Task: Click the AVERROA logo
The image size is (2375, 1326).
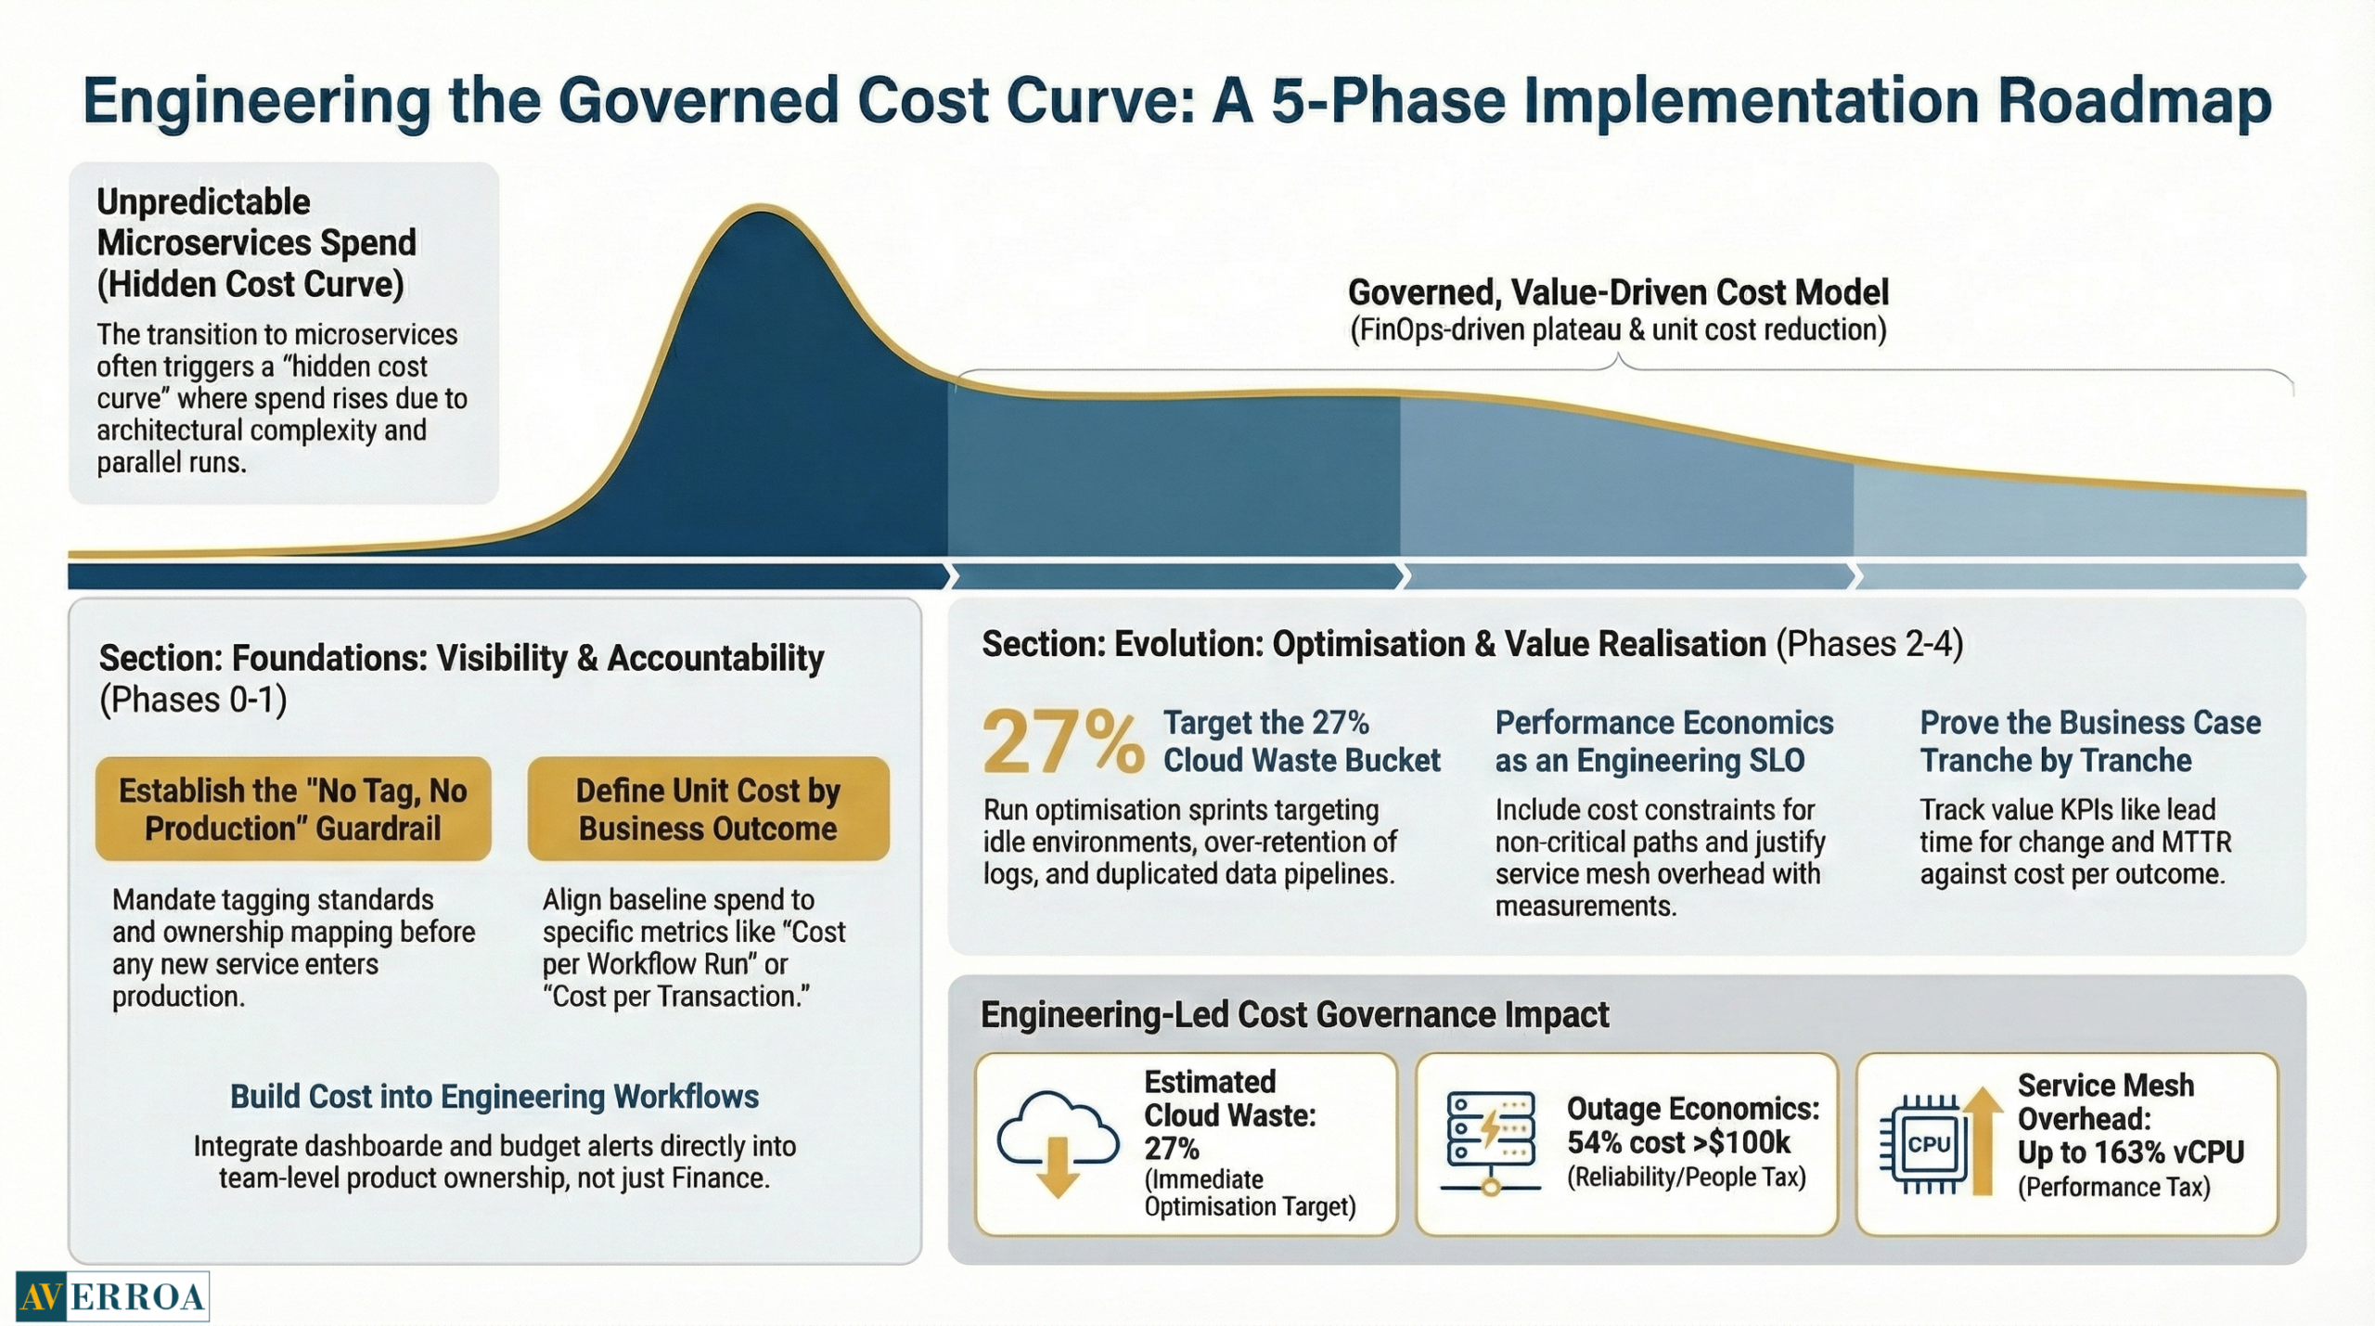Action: point(112,1295)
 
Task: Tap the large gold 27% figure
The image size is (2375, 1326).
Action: point(1062,741)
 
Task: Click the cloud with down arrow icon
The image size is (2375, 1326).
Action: point(1058,1144)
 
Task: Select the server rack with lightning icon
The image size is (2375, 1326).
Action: point(1490,1142)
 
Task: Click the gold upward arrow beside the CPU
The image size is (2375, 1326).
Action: point(1981,1140)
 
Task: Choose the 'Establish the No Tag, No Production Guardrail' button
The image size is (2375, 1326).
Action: point(293,808)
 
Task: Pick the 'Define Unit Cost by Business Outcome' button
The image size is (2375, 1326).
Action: point(708,808)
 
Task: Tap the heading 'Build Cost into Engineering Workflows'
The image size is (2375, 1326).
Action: point(494,1096)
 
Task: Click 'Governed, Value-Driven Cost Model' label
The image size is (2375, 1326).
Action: point(1618,292)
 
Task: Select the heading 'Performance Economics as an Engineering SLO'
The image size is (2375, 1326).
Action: point(1663,740)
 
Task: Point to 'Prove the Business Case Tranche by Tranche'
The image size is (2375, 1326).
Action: point(2089,740)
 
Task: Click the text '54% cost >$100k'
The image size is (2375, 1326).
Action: point(1678,1142)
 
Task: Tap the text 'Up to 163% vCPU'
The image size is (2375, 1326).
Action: point(2130,1152)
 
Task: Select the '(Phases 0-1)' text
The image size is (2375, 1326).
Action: point(193,700)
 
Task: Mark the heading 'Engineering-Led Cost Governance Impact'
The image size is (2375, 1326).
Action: point(1294,1014)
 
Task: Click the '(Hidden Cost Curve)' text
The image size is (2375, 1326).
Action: point(250,284)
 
